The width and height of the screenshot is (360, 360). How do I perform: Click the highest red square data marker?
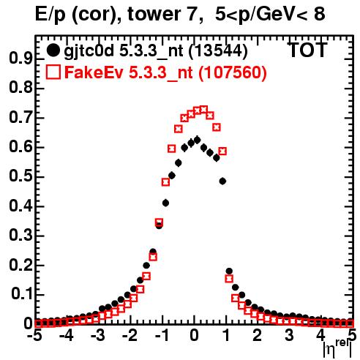point(203,109)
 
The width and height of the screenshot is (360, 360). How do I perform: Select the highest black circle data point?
point(197,140)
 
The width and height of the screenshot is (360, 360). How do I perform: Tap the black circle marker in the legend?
point(53,50)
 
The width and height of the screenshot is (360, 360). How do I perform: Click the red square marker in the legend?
point(53,72)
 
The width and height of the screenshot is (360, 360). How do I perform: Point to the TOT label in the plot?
point(308,50)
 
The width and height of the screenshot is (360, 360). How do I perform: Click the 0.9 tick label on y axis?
point(20,59)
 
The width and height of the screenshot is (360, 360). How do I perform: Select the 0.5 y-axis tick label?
point(20,176)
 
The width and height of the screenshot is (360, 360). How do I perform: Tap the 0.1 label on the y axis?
point(21,294)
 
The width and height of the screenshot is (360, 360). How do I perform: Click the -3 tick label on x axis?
point(97,336)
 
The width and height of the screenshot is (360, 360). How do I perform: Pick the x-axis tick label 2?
point(257,336)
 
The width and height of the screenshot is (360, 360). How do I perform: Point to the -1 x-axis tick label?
point(162,336)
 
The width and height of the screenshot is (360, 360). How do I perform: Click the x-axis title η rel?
point(337,348)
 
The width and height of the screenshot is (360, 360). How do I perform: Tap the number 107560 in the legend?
point(233,72)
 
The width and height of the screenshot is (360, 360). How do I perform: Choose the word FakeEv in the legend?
point(94,72)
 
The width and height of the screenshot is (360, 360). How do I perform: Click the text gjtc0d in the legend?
point(89,51)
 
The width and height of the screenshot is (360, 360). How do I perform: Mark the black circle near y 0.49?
point(222,181)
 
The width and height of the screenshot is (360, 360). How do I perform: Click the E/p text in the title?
point(50,15)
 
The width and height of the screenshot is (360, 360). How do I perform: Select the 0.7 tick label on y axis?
point(20,117)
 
